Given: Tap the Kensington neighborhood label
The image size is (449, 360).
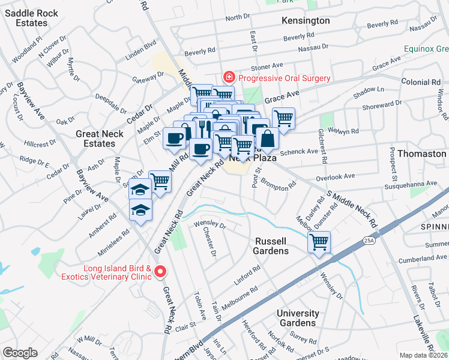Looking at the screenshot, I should [306, 20].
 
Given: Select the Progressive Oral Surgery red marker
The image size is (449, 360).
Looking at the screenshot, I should [228, 78].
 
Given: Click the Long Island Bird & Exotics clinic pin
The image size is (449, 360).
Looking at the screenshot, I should [160, 272].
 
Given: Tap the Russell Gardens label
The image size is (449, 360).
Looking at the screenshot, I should [272, 245].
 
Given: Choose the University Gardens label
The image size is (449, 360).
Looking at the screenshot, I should [298, 318].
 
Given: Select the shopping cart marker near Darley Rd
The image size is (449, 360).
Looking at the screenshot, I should [319, 243].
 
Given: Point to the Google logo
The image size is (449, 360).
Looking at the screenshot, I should [20, 353].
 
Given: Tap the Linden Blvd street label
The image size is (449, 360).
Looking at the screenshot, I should [140, 46].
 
